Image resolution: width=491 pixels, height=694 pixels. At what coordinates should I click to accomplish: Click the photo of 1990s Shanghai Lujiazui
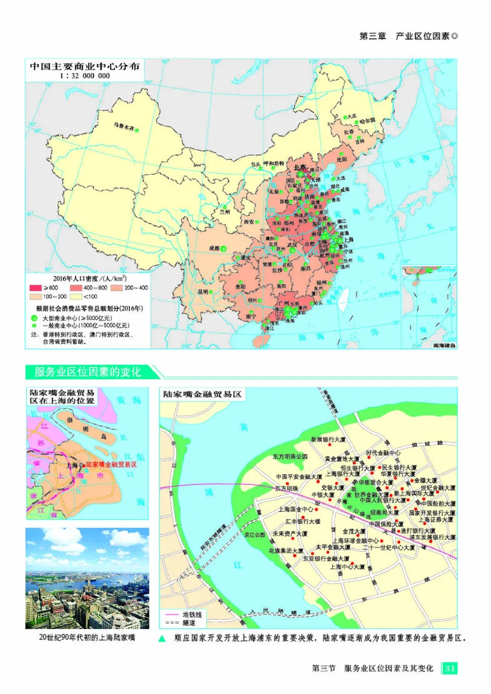87,578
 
